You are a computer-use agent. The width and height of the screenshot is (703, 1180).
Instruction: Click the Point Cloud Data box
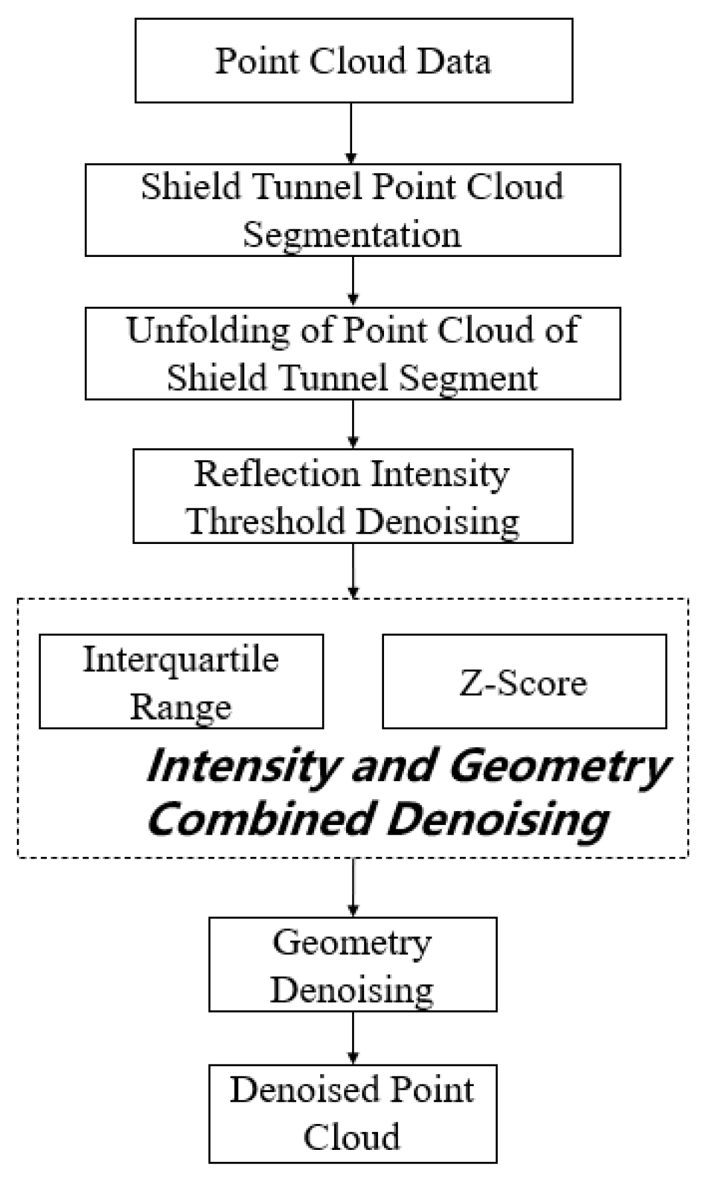353,60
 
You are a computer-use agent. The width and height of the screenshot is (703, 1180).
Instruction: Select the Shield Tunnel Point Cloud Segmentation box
353,210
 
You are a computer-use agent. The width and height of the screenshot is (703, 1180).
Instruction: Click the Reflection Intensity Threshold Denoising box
353,496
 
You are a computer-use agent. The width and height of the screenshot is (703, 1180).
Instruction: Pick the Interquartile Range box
181,681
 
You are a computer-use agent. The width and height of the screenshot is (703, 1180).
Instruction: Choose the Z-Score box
524,681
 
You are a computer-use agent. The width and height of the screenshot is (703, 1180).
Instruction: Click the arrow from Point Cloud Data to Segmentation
351,133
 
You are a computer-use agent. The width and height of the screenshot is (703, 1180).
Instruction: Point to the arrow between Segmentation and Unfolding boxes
353,281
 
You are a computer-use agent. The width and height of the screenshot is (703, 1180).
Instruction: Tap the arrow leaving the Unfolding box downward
353,424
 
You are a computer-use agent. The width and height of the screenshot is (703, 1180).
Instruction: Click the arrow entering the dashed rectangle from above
353,570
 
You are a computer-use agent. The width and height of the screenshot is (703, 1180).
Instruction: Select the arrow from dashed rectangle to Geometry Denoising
353,887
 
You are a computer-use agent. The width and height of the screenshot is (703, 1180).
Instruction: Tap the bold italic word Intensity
241,767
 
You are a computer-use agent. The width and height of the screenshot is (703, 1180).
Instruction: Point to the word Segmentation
352,235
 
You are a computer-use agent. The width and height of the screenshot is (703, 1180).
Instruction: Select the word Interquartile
181,660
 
